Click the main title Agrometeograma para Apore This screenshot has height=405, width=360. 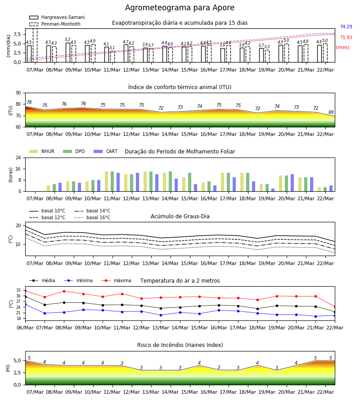(x=180, y=8)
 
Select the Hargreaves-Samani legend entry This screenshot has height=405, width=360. (x=57, y=17)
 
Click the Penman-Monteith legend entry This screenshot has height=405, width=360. (x=55, y=24)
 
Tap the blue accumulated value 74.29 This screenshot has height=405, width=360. (x=346, y=27)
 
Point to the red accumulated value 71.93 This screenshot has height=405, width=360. (x=346, y=37)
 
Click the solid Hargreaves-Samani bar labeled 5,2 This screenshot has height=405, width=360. (x=68, y=53)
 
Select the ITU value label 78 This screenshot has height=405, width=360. (x=29, y=102)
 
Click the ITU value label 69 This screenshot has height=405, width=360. (x=331, y=112)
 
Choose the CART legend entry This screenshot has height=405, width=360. (x=106, y=151)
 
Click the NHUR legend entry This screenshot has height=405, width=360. (x=42, y=151)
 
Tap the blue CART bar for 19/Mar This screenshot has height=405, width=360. (x=273, y=190)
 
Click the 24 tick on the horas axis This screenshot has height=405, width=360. (x=18, y=157)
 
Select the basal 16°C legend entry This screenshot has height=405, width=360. (x=92, y=217)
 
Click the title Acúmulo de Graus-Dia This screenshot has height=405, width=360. (x=180, y=216)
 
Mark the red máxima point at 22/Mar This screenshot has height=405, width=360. (x=335, y=307)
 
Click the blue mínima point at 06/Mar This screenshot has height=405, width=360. (x=26, y=305)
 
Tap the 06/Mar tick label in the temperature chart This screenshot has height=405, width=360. (x=25, y=328)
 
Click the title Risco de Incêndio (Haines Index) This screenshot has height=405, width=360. (x=180, y=345)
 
